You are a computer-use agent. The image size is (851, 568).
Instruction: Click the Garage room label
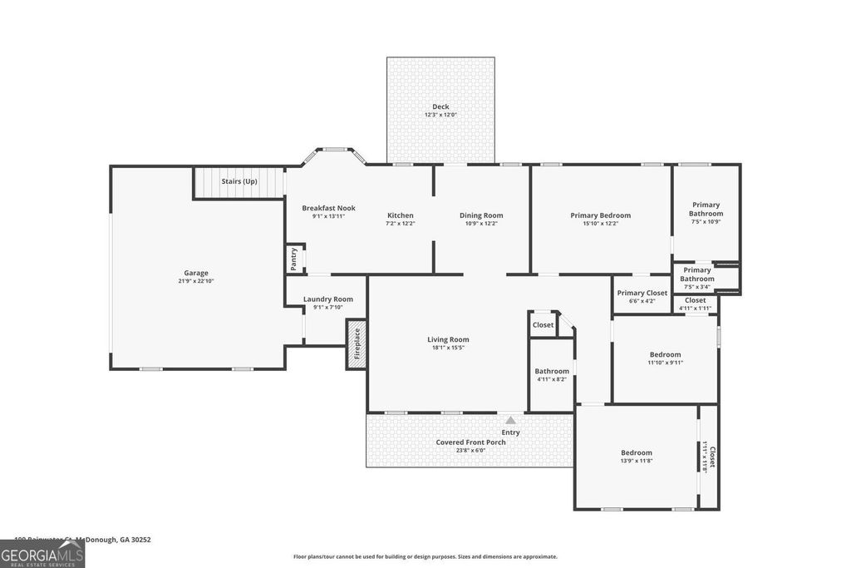pos(196,273)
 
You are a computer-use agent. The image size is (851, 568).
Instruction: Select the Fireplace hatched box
pos(357,344)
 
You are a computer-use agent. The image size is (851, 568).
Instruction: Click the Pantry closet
pos(294,259)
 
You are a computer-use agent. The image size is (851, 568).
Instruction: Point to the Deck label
pos(440,106)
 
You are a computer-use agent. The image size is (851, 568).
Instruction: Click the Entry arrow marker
pos(510,421)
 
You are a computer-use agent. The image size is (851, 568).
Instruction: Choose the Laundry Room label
pos(327,299)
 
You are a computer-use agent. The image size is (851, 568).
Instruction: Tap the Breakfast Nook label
pos(328,208)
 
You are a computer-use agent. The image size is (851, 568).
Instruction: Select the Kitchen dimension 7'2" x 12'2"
pos(400,224)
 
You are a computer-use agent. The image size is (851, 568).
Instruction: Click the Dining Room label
pos(481,215)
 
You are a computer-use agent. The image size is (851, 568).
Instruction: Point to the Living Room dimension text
pos(448,348)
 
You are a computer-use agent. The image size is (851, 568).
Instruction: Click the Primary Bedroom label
pos(600,215)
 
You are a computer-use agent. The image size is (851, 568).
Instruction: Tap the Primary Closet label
pos(642,293)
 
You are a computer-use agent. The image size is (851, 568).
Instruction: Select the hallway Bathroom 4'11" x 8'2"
pos(552,375)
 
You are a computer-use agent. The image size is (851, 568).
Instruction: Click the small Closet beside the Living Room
pos(543,324)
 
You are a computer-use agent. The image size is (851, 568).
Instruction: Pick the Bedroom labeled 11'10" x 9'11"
pos(665,358)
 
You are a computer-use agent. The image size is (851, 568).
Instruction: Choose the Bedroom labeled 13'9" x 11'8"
pos(637,457)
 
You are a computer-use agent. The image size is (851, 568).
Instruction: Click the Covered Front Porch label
pos(470,442)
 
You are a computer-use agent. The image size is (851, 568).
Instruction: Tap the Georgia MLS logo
pos(42,554)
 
